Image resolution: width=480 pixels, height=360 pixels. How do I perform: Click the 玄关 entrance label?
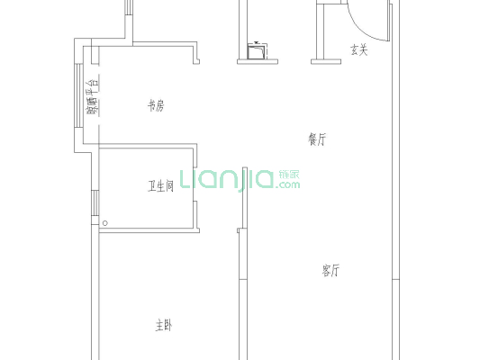(x=358, y=50)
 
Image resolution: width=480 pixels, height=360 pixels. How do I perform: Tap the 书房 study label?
(x=156, y=106)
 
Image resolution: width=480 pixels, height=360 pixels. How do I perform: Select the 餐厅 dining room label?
(x=316, y=139)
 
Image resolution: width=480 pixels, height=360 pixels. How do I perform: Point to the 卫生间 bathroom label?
(x=161, y=186)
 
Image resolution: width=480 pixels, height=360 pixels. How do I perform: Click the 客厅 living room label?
(x=331, y=270)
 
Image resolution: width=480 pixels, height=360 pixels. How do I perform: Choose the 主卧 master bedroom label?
(x=162, y=325)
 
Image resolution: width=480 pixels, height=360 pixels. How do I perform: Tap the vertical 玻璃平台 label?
(x=92, y=99)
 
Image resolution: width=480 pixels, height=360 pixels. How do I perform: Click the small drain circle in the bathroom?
(x=105, y=222)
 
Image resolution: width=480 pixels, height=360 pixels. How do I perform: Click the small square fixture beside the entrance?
(x=259, y=52)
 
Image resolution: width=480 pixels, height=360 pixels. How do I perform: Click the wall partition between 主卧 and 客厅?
(x=240, y=288)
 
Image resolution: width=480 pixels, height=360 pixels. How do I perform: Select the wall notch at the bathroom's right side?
(x=195, y=216)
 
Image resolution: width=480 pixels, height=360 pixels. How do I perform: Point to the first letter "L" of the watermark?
(x=186, y=179)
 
